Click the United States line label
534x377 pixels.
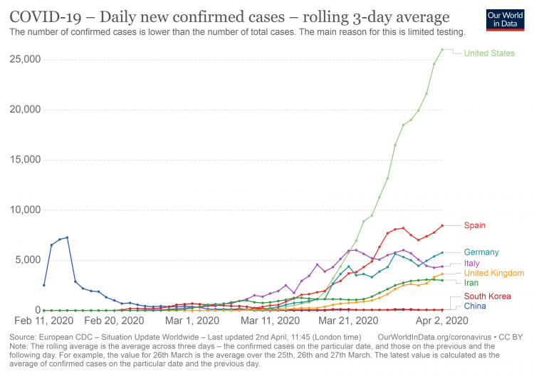pos(488,53)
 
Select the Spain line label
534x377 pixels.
pos(474,226)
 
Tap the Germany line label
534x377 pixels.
pos(481,252)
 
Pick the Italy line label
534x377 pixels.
pos(471,263)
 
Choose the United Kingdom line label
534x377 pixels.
pos(493,273)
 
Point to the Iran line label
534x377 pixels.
pos(471,283)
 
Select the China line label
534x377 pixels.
pos(475,306)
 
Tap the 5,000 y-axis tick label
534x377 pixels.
pos(28,260)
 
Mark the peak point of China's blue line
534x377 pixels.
pos(67,237)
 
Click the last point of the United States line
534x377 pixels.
pos(442,49)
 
